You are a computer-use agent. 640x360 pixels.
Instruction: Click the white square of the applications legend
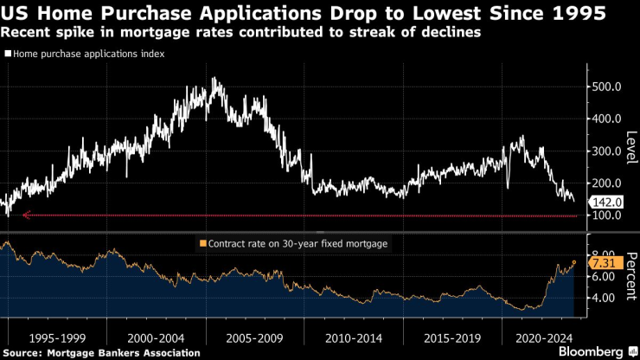8,54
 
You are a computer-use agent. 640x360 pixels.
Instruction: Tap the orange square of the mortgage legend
203,244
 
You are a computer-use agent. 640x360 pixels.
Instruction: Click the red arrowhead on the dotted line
26,215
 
